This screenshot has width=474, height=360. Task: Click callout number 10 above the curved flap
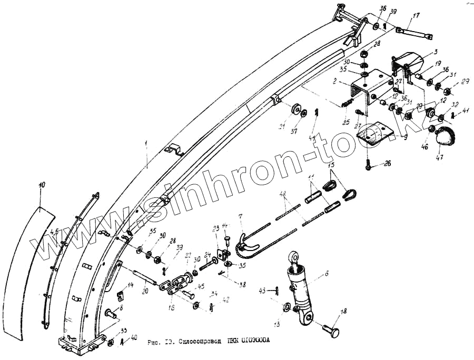pos(42,184)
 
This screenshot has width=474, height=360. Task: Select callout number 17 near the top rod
pos(417,15)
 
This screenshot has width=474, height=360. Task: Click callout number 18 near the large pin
pos(343,312)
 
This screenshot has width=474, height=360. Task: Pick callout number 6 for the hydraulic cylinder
pos(327,274)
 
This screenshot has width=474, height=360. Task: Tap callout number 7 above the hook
pos(241,217)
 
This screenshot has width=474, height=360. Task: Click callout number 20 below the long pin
pos(145,291)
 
